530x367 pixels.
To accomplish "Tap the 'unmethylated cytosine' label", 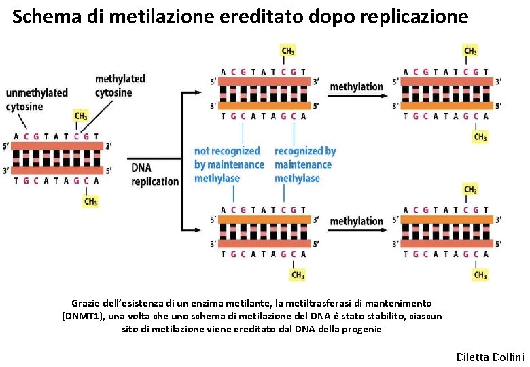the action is tap(37, 99).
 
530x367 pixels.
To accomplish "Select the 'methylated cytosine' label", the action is tap(120, 86).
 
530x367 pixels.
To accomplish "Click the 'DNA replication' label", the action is tap(155, 175).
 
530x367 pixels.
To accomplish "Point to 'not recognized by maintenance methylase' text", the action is tap(228, 164).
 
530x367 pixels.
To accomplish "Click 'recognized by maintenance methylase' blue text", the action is tap(305, 164).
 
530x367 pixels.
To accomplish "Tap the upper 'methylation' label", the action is tap(357, 87).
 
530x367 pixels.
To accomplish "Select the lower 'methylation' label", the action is tap(357, 221).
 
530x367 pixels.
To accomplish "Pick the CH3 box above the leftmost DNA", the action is tap(81, 116).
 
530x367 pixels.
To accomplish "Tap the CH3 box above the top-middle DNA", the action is tap(288, 51).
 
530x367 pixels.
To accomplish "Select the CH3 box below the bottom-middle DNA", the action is tap(298, 275).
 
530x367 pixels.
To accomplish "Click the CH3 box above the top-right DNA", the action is tap(470, 51).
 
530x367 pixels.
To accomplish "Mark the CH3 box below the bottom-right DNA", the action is tap(480, 275).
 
